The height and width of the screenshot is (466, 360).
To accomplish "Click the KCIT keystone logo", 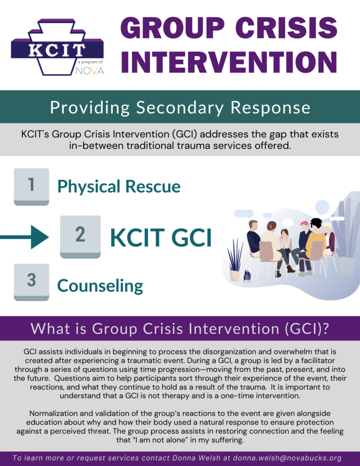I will click(x=57, y=48).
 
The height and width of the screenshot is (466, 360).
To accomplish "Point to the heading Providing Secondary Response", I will click(x=180, y=107).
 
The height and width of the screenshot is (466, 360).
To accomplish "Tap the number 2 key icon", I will click(x=80, y=236).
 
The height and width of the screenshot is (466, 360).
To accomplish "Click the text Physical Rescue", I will click(x=119, y=187).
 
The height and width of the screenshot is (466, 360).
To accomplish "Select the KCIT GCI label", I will click(x=161, y=237).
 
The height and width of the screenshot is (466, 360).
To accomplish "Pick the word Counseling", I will click(x=100, y=286).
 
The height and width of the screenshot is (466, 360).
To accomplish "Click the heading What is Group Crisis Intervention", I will click(x=180, y=329).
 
